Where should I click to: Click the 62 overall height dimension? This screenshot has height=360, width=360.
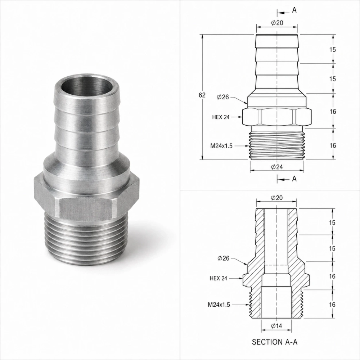pyautogui.click(x=202, y=95)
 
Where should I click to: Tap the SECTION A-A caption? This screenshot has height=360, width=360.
pyautogui.click(x=275, y=342)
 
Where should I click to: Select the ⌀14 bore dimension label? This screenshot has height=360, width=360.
pyautogui.click(x=276, y=326)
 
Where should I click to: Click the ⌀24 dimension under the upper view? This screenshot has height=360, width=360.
pyautogui.click(x=276, y=167)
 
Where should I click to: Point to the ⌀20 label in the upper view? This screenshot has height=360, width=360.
pyautogui.click(x=277, y=23)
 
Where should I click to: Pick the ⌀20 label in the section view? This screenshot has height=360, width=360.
pyautogui.click(x=276, y=198)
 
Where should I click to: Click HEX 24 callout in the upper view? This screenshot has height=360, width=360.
pyautogui.click(x=221, y=117)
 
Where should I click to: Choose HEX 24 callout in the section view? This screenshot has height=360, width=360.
pyautogui.click(x=219, y=278)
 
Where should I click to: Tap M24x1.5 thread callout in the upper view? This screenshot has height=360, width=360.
pyautogui.click(x=221, y=146)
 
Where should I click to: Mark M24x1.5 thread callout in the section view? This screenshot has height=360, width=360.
pyautogui.click(x=219, y=305)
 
